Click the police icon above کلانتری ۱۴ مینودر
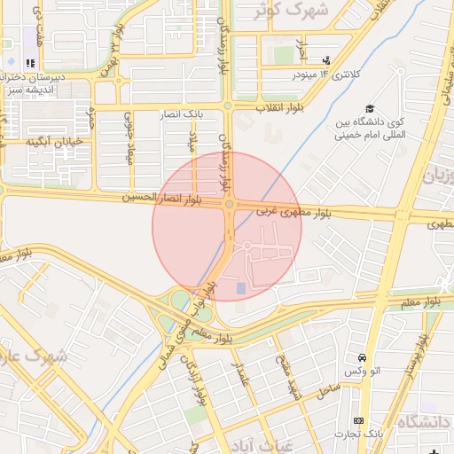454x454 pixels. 326,60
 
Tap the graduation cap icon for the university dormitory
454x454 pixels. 369,107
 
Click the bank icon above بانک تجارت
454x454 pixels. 358,420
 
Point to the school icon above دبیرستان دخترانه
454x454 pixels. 30,64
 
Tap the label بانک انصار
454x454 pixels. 185,114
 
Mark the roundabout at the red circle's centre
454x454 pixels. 229,206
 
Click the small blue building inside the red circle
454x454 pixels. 240,287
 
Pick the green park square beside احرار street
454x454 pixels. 283,55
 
